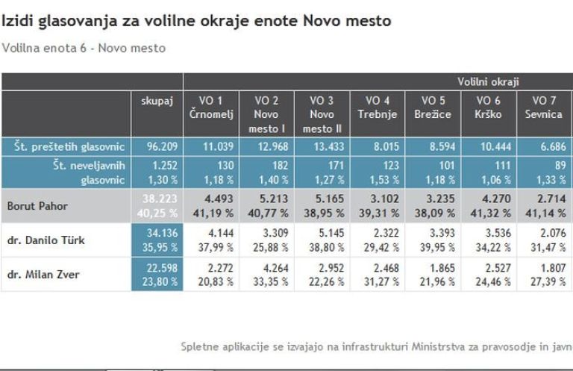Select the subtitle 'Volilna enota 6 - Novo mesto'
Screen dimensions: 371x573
pos(84,49)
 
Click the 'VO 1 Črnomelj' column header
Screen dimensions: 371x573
pos(210,107)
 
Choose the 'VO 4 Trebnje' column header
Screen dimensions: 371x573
pos(377,107)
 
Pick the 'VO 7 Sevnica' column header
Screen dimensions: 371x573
pos(548,107)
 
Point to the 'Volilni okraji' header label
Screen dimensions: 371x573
pos(488,81)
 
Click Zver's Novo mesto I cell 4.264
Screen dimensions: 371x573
pos(267,268)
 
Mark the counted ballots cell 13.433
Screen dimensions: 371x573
pos(322,146)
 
